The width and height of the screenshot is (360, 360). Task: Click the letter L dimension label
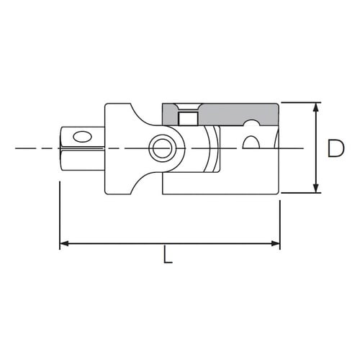168,257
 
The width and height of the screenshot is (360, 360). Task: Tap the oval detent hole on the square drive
83,135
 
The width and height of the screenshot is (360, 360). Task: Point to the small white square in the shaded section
189,118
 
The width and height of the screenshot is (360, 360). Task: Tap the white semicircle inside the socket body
251,142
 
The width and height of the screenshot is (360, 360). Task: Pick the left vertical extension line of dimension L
59,216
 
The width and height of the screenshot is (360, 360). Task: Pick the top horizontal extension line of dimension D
299,102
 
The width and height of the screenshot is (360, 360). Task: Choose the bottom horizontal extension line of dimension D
299,193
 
